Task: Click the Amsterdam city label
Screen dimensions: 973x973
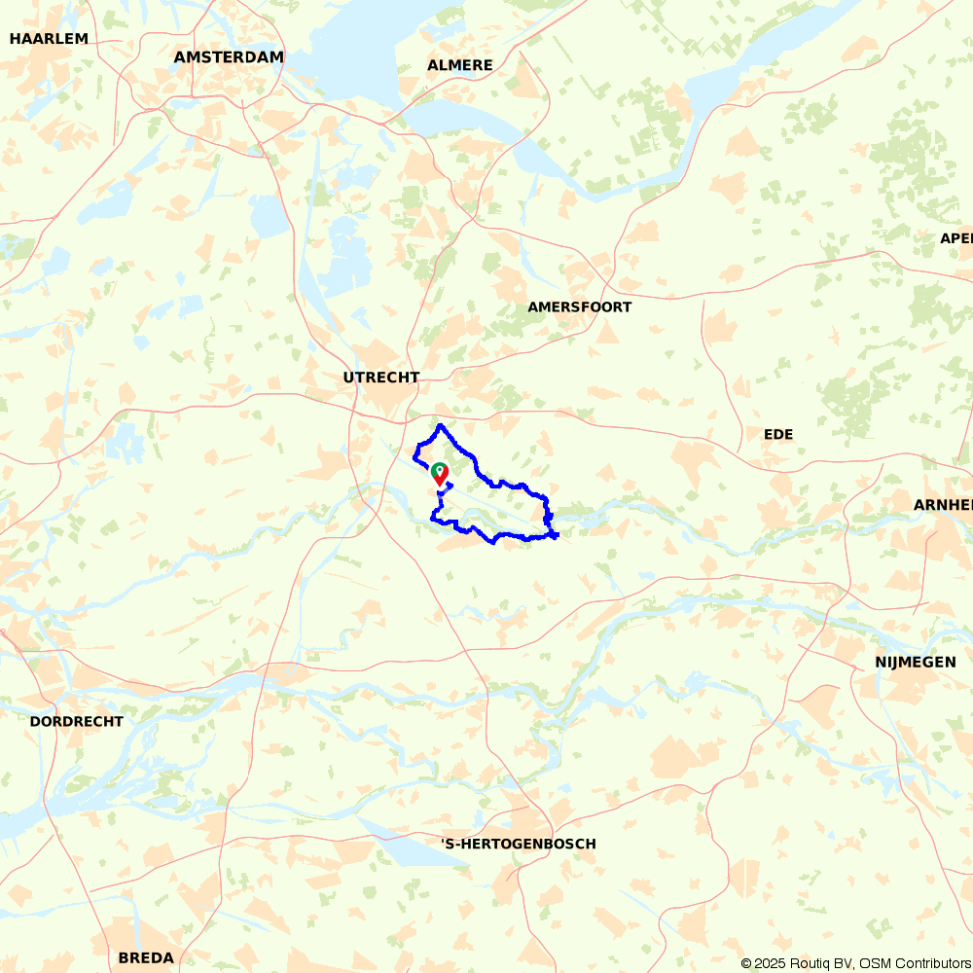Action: [x=229, y=57]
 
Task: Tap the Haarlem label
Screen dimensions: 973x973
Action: [x=49, y=39]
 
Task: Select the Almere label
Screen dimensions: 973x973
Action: [x=459, y=65]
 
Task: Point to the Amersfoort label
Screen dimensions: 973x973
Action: [x=579, y=307]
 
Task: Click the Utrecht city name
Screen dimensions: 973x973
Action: [x=381, y=378]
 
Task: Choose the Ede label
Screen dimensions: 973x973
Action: [x=778, y=435]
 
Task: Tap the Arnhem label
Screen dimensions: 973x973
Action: [x=942, y=504]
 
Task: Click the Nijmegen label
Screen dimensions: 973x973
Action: [x=915, y=663]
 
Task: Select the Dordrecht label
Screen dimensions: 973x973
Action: [x=76, y=722]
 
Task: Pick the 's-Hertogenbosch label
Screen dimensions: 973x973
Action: [x=518, y=845]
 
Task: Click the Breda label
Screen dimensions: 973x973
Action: [x=146, y=958]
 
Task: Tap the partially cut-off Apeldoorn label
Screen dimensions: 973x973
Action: [x=955, y=238]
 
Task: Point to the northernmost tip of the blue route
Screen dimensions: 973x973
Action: [x=442, y=426]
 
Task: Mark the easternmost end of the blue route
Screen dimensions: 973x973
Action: [x=557, y=536]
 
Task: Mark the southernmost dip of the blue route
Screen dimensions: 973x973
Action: [x=493, y=542]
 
